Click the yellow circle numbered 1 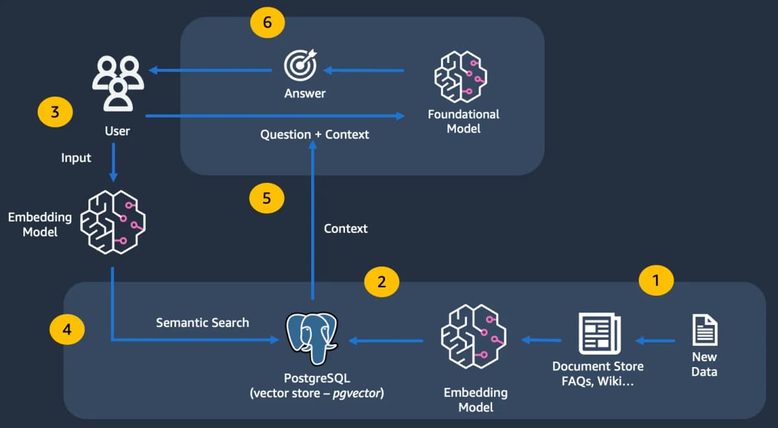coord(656,280)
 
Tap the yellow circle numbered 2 coord(381,281)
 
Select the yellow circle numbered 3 coord(55,112)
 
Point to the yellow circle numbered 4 coord(67,330)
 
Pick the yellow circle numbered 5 coord(266,198)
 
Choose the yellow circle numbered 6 coord(267,23)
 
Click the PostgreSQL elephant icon coord(312,337)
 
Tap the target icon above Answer coord(300,65)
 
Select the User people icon coord(117,83)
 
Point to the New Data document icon coord(705,330)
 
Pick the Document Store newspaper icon coord(598,333)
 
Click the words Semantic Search coord(202,322)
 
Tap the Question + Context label coord(314,135)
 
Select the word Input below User coord(77,158)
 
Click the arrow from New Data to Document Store coord(656,340)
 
